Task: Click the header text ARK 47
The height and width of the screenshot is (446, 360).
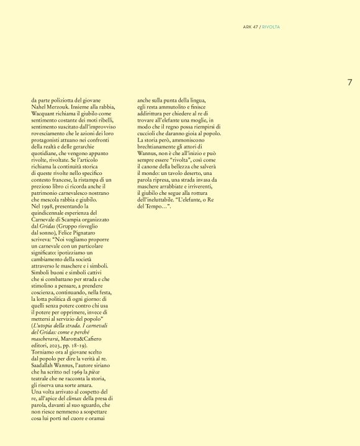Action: (x=250, y=27)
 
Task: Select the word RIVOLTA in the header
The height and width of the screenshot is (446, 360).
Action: (x=271, y=27)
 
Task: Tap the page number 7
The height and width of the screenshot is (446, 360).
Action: (x=349, y=82)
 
